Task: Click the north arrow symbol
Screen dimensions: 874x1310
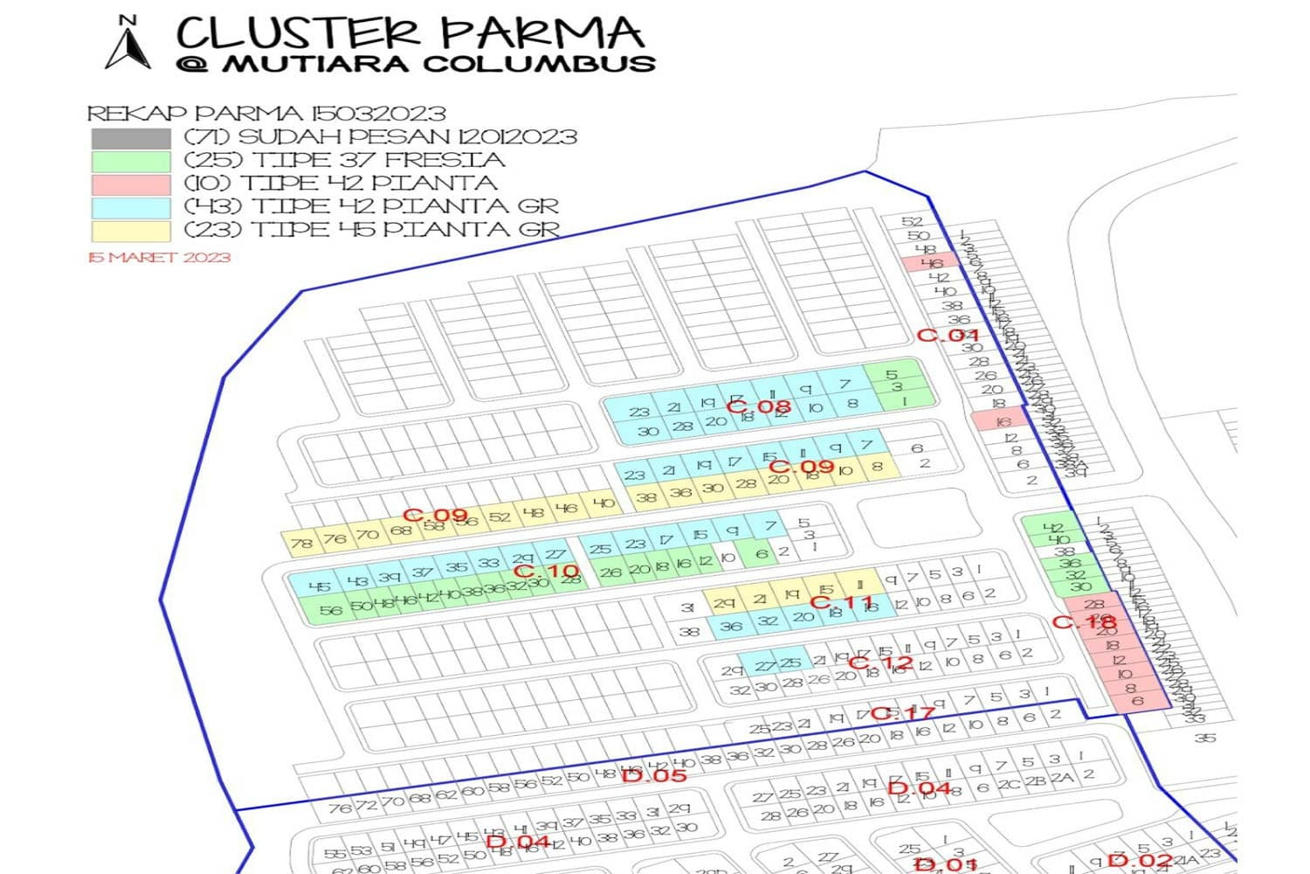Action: pyautogui.click(x=128, y=44)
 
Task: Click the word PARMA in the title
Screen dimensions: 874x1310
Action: pyautogui.click(x=541, y=33)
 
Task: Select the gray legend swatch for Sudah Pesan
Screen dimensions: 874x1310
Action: pyautogui.click(x=130, y=138)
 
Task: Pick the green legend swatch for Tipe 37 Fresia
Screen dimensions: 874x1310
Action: pyautogui.click(x=130, y=162)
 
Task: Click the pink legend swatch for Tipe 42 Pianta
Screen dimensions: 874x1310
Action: pyautogui.click(x=130, y=184)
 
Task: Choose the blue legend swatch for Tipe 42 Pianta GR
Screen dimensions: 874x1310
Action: pyautogui.click(x=130, y=207)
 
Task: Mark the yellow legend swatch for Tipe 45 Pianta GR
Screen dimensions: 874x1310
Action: pyautogui.click(x=130, y=231)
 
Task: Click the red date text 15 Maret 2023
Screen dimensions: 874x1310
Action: pyautogui.click(x=159, y=257)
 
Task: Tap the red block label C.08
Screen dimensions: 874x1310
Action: pyautogui.click(x=758, y=406)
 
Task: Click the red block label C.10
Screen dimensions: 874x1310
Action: pyautogui.click(x=546, y=572)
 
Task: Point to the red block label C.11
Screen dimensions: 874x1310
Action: pyautogui.click(x=842, y=603)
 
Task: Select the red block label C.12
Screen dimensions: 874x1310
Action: pyautogui.click(x=880, y=662)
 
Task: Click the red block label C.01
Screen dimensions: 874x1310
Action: pyautogui.click(x=948, y=335)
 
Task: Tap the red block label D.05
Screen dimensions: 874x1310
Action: pyautogui.click(x=654, y=775)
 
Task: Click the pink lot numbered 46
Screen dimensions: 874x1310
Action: pyautogui.click(x=931, y=263)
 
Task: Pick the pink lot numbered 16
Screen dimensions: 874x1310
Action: pyautogui.click(x=1003, y=421)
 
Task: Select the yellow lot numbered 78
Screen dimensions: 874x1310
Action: pyautogui.click(x=301, y=543)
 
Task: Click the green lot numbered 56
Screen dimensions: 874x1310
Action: pyautogui.click(x=330, y=610)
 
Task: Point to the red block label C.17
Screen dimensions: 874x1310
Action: pyautogui.click(x=902, y=713)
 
